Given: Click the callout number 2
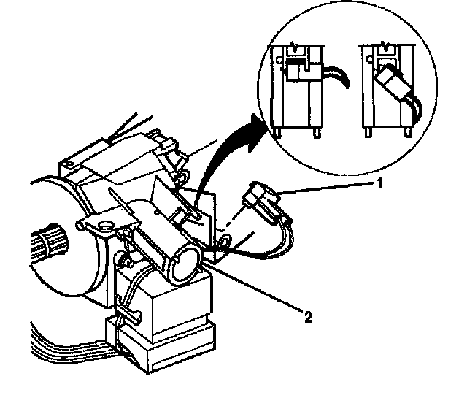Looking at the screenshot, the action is [309, 317].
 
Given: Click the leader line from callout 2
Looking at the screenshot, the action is [255, 288].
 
